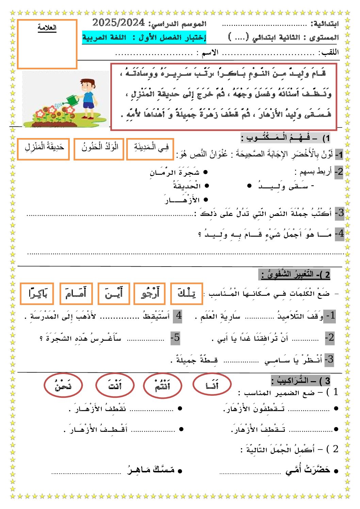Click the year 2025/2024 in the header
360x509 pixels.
(118, 23)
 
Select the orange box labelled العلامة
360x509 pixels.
(47, 44)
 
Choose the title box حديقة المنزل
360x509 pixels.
(43, 149)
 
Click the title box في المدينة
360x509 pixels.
(150, 149)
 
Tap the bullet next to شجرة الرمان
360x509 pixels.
(206, 173)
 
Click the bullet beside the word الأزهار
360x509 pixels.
(206, 200)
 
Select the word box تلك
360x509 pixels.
(186, 293)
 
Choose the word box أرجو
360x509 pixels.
(149, 293)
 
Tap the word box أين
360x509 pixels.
(114, 293)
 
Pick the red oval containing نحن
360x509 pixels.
(63, 385)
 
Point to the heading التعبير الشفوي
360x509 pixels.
(295, 274)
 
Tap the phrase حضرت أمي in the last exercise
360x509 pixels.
(308, 470)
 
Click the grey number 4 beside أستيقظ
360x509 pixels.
(178, 316)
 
